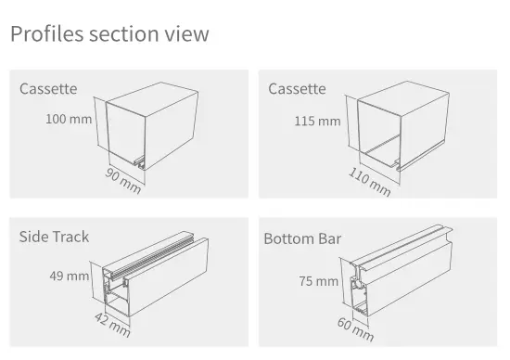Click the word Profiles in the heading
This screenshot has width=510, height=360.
[47, 33]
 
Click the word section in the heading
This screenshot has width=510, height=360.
[124, 33]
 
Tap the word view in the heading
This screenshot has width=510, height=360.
[186, 33]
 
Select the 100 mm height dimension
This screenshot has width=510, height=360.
[69, 119]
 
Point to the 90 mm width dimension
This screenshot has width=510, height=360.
[123, 181]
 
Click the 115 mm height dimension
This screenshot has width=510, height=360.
[317, 122]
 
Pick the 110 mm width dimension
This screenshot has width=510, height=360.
[369, 182]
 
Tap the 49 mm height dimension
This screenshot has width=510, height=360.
[70, 276]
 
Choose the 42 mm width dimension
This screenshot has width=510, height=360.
[112, 325]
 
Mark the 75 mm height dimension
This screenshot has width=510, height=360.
[319, 281]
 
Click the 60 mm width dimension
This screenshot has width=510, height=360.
[355, 329]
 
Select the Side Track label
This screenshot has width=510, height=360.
[54, 237]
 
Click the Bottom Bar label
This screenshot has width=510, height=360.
[302, 238]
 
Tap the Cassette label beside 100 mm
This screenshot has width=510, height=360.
[48, 89]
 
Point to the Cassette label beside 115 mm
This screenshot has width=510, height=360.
[297, 89]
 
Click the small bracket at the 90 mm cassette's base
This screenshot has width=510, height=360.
[140, 162]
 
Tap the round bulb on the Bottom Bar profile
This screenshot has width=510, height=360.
[359, 284]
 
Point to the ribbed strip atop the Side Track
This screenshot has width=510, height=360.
[153, 256]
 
